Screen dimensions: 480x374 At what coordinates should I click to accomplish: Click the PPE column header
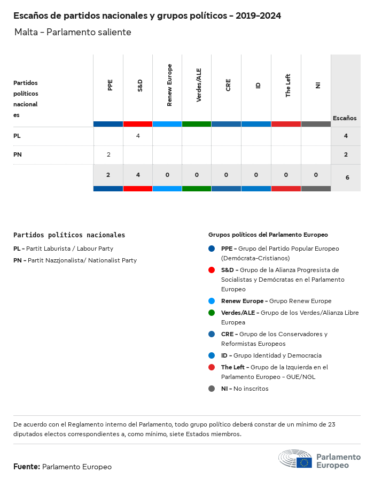[110, 85]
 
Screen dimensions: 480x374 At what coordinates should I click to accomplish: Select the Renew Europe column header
[169, 85]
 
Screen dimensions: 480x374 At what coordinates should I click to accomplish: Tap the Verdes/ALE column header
[199, 85]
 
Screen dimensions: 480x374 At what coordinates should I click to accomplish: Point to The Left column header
[288, 85]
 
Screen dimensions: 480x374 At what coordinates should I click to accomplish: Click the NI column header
[318, 85]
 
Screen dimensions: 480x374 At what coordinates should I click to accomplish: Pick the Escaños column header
[345, 118]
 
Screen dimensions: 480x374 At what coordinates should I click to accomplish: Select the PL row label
[17, 136]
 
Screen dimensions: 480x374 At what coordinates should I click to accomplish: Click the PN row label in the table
[17, 154]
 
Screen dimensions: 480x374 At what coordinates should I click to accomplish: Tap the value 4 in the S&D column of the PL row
[138, 136]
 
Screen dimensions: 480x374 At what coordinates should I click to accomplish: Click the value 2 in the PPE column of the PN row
[108, 154]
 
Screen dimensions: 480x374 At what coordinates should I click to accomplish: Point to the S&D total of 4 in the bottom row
[138, 175]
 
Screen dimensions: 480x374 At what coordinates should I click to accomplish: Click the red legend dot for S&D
[212, 270]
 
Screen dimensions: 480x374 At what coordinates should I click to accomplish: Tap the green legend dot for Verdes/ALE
[212, 313]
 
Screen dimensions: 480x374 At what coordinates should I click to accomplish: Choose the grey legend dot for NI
[212, 389]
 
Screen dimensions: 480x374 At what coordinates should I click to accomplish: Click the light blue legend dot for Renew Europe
[212, 301]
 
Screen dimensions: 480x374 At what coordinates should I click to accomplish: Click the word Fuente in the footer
[27, 467]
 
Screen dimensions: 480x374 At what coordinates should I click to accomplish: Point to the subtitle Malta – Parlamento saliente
[73, 33]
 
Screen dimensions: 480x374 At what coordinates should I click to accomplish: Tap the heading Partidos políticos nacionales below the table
[69, 235]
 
